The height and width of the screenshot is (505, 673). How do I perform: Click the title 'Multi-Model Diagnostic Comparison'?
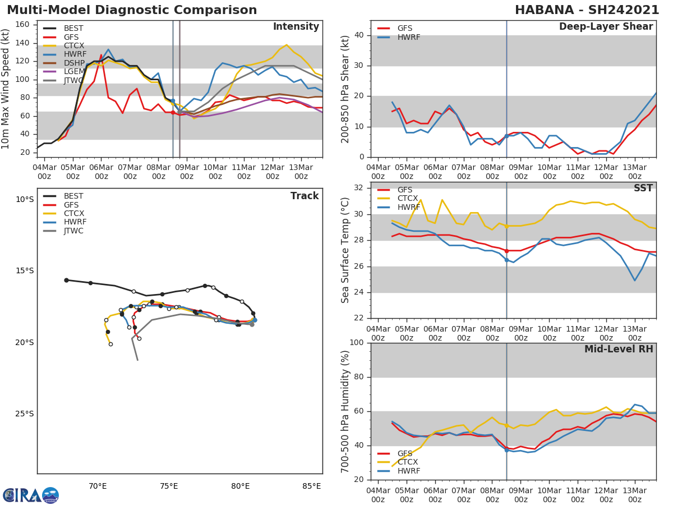[x=132, y=10]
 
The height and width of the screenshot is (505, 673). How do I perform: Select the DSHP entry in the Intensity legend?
[x=74, y=63]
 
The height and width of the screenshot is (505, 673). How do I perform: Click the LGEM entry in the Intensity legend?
[x=74, y=72]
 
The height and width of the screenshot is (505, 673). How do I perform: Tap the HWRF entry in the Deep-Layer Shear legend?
[x=408, y=37]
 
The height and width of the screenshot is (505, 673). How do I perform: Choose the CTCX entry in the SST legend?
[x=407, y=199]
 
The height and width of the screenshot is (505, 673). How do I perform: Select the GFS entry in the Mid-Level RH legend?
[x=405, y=453]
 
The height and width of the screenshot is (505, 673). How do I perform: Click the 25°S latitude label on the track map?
[x=24, y=414]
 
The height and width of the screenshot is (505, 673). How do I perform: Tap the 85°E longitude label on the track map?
[x=312, y=486]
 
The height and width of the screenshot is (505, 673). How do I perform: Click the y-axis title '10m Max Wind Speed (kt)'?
[x=6, y=89]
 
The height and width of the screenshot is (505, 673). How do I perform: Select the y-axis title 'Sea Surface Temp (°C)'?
[x=345, y=250]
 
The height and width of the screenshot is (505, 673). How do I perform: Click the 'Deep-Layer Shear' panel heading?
[x=606, y=27]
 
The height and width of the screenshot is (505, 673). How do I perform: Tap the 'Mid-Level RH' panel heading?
[x=619, y=349]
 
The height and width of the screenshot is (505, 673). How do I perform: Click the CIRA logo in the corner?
[x=30, y=495]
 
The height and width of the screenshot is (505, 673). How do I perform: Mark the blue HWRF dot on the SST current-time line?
[x=506, y=260]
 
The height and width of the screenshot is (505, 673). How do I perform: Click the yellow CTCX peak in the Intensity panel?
[x=287, y=45]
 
